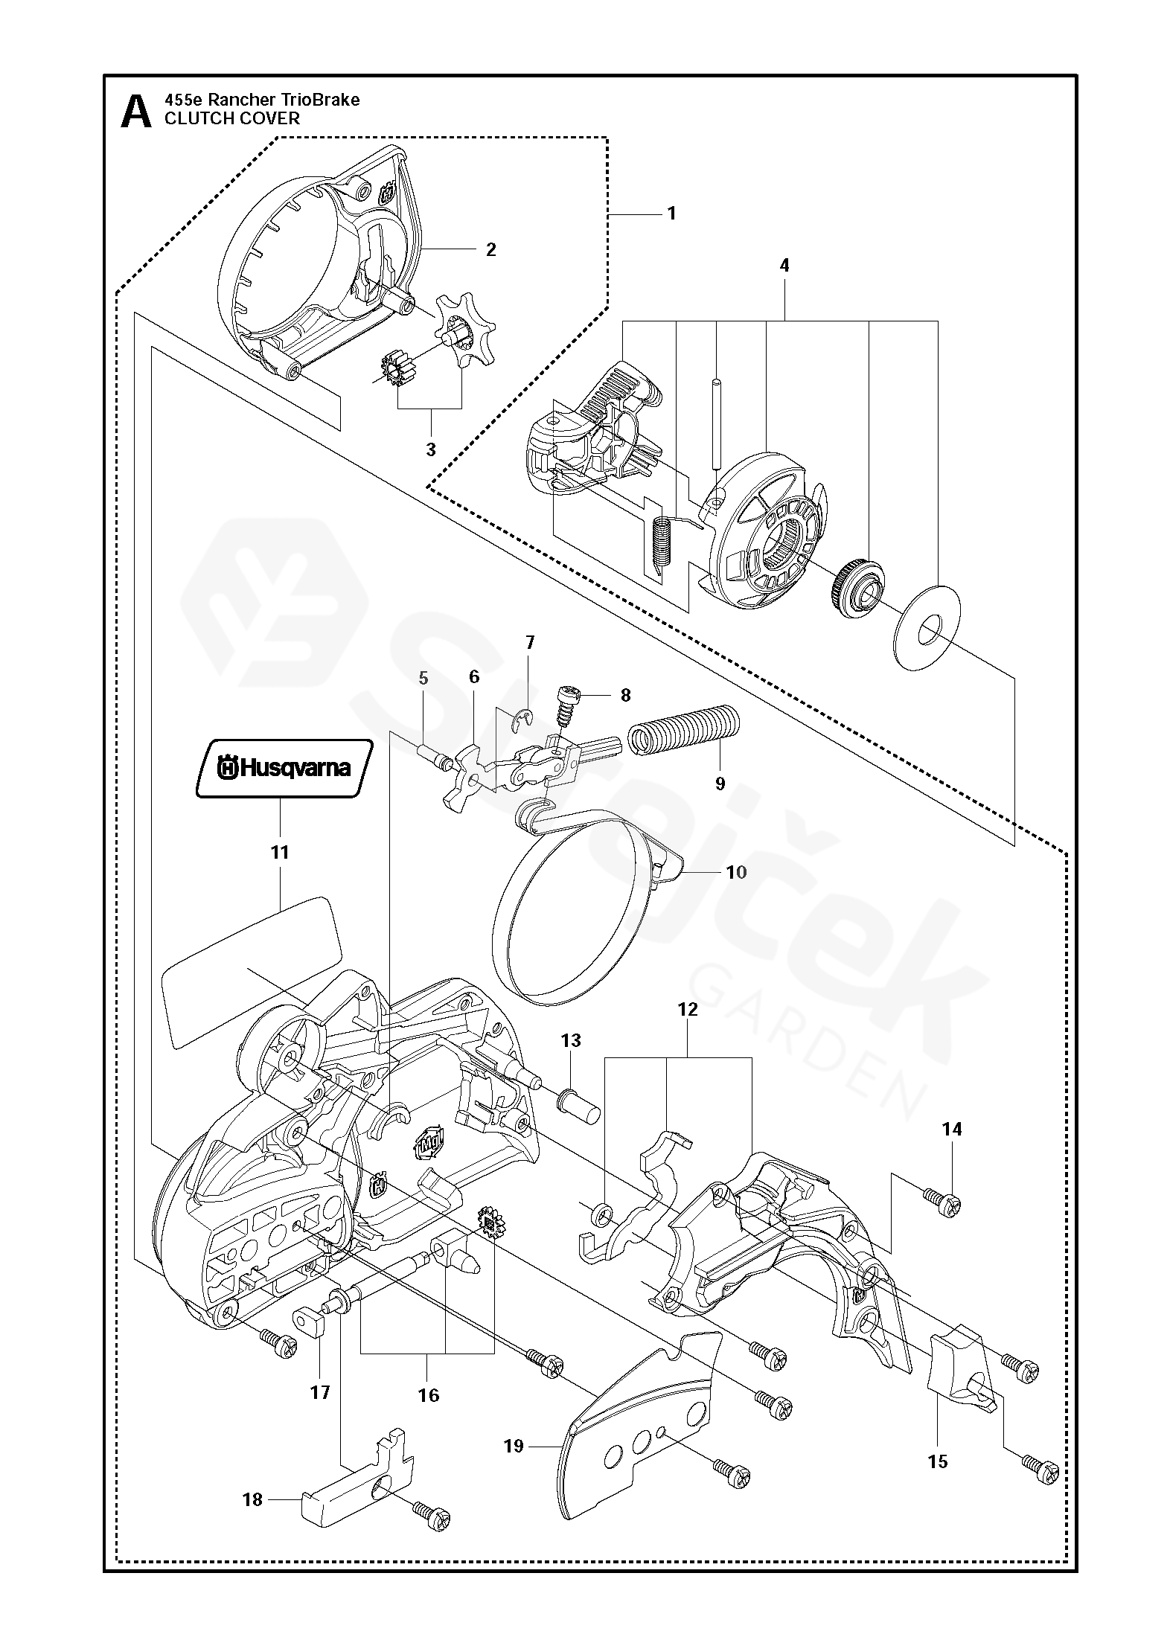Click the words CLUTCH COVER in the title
[231, 118]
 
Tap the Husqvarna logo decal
[283, 768]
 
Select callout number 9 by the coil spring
[720, 784]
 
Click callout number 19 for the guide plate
[514, 1446]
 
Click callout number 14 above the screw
[951, 1129]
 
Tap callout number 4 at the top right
[784, 266]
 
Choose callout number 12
[688, 1010]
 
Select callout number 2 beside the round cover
[490, 249]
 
